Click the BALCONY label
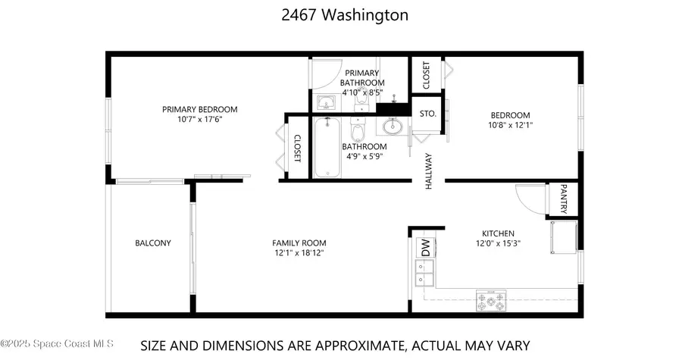(x=153, y=243)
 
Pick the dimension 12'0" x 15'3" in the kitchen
(x=499, y=243)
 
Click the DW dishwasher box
(x=425, y=247)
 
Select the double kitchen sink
(x=424, y=273)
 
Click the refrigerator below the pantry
(x=563, y=239)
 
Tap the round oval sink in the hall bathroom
(x=394, y=126)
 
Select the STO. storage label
(x=427, y=113)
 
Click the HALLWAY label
(x=428, y=171)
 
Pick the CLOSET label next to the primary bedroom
(x=297, y=149)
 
